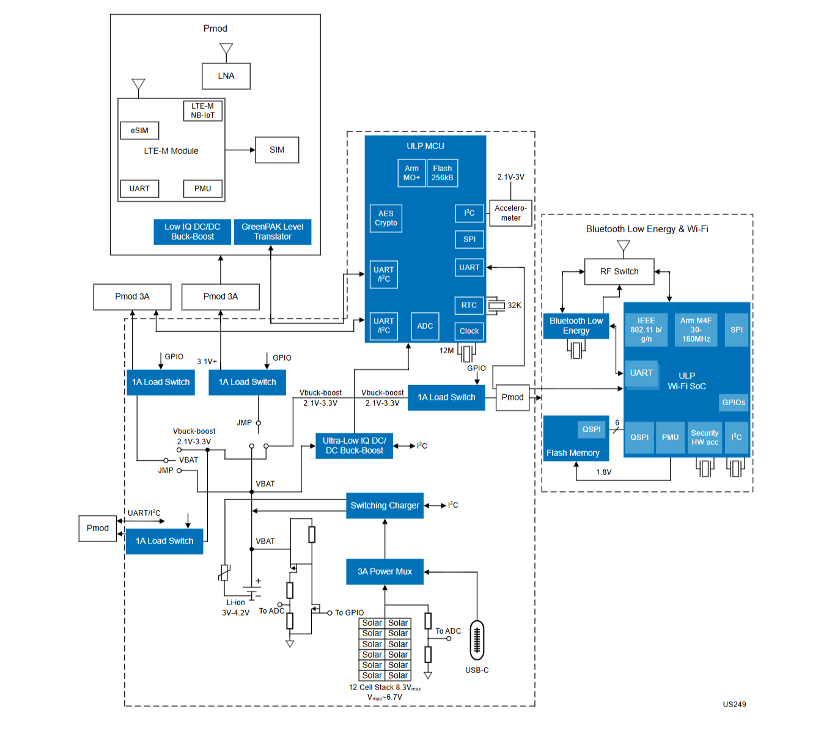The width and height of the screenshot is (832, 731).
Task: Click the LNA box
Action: click(x=226, y=76)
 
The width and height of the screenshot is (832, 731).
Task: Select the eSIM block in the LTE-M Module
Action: click(x=139, y=131)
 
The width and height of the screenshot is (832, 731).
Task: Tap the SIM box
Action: click(x=277, y=150)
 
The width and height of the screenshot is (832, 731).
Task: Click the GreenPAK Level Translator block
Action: click(x=272, y=232)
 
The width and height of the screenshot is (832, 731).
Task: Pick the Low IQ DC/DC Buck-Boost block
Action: click(x=192, y=232)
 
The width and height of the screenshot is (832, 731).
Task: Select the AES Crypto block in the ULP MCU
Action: click(x=386, y=218)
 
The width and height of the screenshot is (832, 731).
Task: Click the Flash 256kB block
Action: click(x=442, y=173)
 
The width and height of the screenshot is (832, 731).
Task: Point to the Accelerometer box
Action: click(x=510, y=213)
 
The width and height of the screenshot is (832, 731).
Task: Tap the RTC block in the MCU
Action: click(x=468, y=305)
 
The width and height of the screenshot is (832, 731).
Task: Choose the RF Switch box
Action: click(x=619, y=271)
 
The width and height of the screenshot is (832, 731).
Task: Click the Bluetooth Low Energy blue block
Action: click(x=576, y=326)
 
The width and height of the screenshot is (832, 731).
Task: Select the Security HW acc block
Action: click(x=704, y=438)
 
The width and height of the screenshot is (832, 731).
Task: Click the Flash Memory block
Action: click(x=576, y=438)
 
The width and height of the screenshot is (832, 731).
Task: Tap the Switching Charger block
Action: click(x=385, y=505)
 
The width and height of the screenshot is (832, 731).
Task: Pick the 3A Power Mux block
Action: click(x=385, y=571)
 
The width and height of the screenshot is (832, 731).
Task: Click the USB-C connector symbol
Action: click(x=476, y=640)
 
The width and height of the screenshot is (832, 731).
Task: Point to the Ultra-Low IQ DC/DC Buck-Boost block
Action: click(x=354, y=446)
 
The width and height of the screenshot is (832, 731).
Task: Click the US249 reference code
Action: click(x=734, y=704)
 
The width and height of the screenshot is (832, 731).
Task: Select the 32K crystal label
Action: click(x=514, y=305)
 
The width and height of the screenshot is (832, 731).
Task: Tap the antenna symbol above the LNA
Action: click(x=226, y=49)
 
